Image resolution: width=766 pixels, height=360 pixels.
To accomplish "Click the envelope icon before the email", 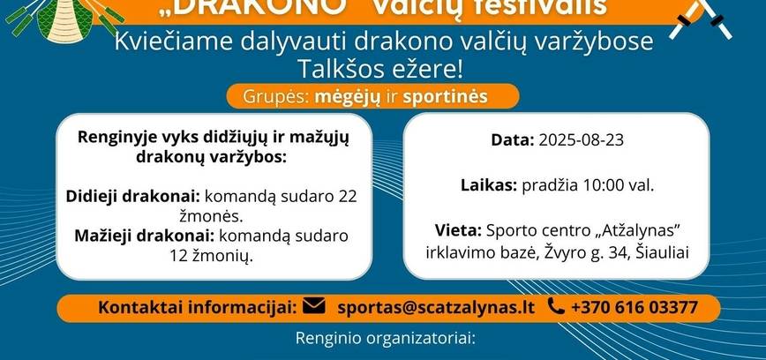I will click(313, 306).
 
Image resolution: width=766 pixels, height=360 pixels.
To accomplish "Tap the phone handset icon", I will click(555, 306).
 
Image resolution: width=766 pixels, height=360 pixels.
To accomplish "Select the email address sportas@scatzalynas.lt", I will click(436, 307).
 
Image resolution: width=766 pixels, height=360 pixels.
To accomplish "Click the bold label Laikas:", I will click(489, 185).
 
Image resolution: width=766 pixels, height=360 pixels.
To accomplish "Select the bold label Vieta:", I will click(457, 231).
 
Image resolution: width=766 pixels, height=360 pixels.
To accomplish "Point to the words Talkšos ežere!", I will click(381, 69).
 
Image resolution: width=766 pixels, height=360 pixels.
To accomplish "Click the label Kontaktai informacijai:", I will click(197, 307).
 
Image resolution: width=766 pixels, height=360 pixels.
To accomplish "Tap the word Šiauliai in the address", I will click(663, 252).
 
